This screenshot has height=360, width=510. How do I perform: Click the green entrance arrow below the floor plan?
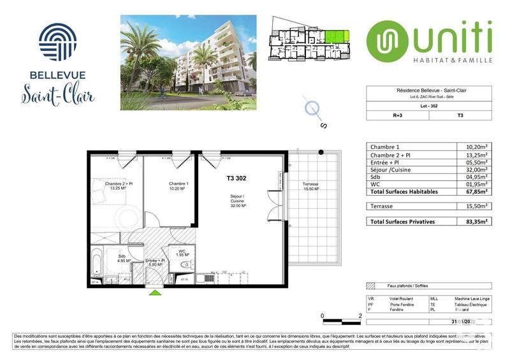tap(154, 292)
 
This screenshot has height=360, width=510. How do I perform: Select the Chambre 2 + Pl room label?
tap(117, 185)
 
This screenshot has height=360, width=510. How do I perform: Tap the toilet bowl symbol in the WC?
tap(186, 263)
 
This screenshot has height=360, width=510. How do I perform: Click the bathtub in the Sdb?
tap(96, 263)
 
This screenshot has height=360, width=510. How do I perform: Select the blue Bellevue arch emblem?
tap(57, 42)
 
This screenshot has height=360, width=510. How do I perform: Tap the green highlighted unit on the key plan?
tap(338, 37)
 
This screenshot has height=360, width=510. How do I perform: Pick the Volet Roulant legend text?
tap(402, 299)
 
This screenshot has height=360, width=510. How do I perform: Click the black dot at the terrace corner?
tap(322, 152)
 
